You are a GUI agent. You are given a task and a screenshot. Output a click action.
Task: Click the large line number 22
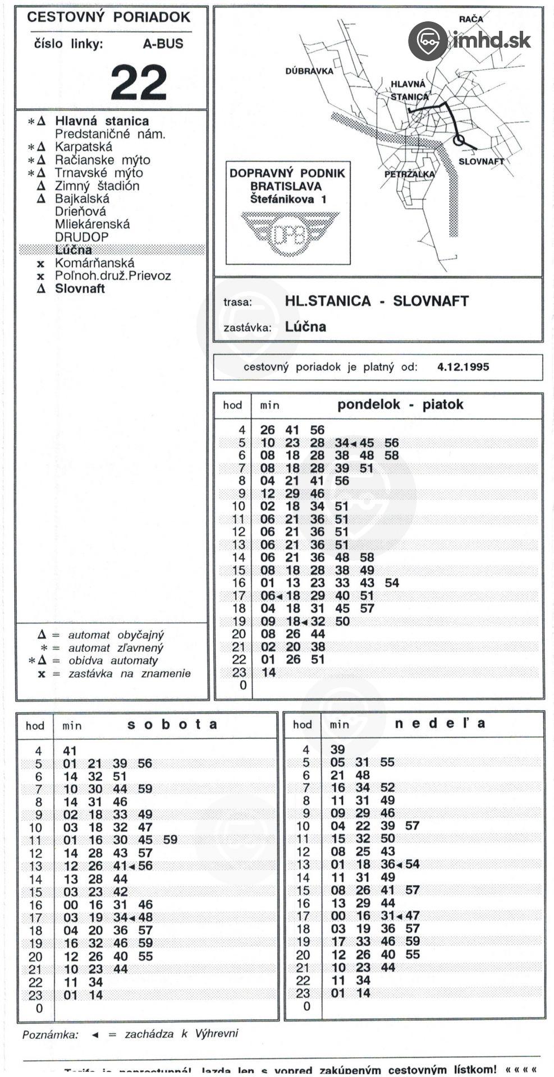click(x=139, y=81)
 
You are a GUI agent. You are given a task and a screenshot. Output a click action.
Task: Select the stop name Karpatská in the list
click(x=83, y=147)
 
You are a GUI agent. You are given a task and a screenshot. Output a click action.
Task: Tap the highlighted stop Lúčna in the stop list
click(x=74, y=250)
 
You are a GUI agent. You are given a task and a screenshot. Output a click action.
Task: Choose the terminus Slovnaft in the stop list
click(x=80, y=289)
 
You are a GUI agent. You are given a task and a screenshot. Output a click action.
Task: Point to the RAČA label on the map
click(x=470, y=19)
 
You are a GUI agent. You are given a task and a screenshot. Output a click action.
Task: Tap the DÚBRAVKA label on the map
click(x=309, y=71)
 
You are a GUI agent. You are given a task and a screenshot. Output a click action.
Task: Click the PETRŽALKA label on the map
click(x=409, y=174)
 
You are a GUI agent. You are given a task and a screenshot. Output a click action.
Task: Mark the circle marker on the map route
click(x=459, y=140)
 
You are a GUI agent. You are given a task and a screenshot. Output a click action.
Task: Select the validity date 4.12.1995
click(x=463, y=367)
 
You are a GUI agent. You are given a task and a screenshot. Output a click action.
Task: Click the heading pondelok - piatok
click(x=400, y=404)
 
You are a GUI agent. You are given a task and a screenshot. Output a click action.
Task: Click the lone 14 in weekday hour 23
click(x=269, y=673)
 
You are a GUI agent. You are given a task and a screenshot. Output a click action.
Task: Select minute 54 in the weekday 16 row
click(x=392, y=583)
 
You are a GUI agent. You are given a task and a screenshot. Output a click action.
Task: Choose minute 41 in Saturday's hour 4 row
click(x=70, y=751)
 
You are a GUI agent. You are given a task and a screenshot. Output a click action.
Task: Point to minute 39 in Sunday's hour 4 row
click(x=337, y=749)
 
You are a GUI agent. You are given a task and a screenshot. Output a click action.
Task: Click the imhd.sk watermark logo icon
click(x=428, y=41)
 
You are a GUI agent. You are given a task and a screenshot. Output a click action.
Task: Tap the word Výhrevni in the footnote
click(x=217, y=1034)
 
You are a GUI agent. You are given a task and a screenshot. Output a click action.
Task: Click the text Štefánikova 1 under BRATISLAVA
click(x=288, y=199)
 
